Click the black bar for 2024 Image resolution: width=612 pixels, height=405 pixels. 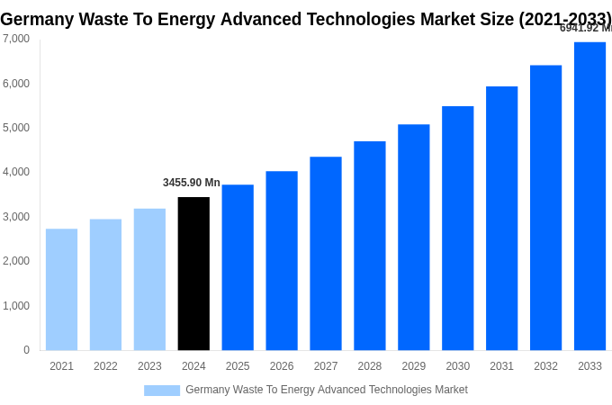(x=193, y=274)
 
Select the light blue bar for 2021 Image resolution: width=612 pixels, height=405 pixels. (x=61, y=289)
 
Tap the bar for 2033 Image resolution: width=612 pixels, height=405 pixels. (x=589, y=196)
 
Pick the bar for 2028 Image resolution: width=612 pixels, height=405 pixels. (x=369, y=246)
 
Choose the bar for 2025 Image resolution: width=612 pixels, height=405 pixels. (x=238, y=267)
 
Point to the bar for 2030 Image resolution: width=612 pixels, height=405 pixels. (x=457, y=228)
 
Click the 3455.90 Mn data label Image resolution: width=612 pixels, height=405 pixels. (x=191, y=183)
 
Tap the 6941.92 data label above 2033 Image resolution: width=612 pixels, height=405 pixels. (x=585, y=28)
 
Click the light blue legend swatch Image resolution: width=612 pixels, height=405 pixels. (x=162, y=391)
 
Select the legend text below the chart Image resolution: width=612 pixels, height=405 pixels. (x=326, y=390)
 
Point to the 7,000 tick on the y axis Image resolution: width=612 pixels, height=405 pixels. (x=16, y=39)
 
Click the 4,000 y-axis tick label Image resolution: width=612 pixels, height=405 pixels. (x=16, y=172)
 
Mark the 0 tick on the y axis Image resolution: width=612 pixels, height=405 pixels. (x=26, y=350)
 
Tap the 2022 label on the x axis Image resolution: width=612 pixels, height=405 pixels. (x=105, y=366)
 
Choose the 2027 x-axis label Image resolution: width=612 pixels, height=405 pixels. (x=326, y=366)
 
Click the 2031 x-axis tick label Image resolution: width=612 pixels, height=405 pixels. (x=501, y=366)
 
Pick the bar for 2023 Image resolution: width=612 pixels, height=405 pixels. (x=149, y=279)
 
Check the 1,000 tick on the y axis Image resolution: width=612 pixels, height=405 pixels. (x=16, y=306)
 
